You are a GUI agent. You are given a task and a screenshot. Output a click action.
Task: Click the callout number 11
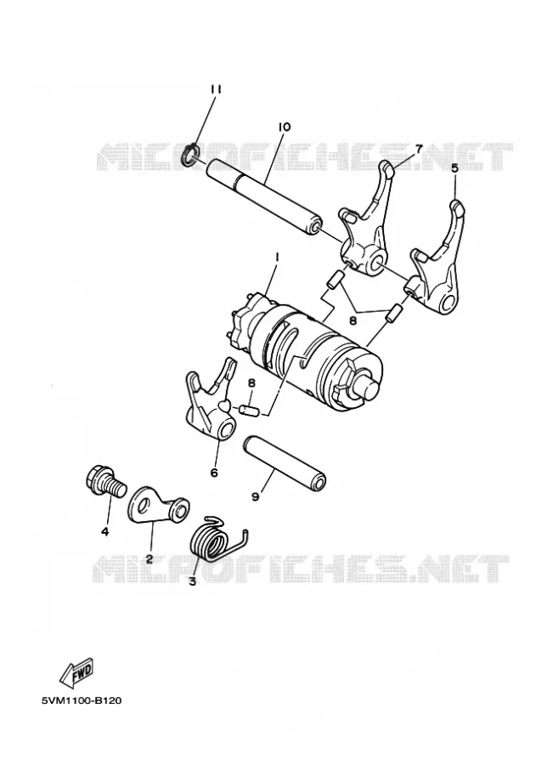[x=216, y=89]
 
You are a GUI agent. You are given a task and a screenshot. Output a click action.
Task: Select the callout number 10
[x=285, y=127]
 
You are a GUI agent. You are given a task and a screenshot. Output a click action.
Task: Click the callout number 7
[x=418, y=148]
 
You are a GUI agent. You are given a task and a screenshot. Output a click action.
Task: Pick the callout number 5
[x=454, y=168]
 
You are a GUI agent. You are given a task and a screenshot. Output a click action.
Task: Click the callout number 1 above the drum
[x=277, y=256]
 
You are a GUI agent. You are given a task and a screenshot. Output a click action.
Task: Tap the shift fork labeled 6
[x=210, y=399]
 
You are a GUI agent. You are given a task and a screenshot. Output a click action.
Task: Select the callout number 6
[x=213, y=473]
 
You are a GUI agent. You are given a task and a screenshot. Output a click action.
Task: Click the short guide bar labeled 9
[x=285, y=462]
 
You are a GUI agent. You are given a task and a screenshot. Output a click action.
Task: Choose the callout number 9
[x=255, y=496]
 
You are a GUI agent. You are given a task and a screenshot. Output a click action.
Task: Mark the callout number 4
[x=104, y=531]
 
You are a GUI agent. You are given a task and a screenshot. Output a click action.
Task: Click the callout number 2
[x=150, y=558]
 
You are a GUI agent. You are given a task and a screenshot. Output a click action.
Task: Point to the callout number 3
[x=192, y=581]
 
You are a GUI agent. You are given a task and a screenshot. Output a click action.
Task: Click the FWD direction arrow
[x=76, y=671]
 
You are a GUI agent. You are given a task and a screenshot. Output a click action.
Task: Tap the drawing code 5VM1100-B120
[x=82, y=701]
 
